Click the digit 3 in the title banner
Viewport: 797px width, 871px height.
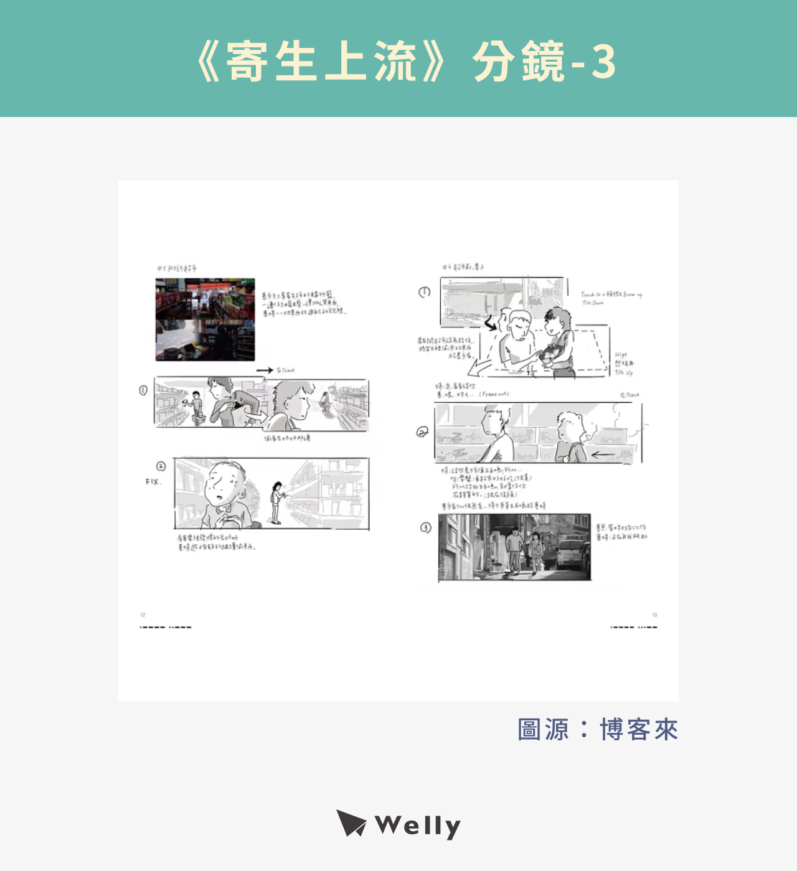tap(603, 62)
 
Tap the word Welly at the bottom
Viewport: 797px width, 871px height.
tap(418, 826)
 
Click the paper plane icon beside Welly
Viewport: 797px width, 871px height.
tap(351, 823)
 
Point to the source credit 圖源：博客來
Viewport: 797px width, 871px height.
tap(597, 730)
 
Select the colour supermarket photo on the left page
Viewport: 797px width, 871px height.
tap(205, 319)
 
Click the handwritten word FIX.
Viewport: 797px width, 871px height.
tap(153, 482)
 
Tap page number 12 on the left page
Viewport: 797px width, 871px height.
tap(143, 615)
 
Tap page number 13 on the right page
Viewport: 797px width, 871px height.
tap(654, 615)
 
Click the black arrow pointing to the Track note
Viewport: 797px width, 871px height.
tap(264, 370)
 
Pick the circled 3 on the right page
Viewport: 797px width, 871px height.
tap(425, 528)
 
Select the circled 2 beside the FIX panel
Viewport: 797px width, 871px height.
tap(161, 466)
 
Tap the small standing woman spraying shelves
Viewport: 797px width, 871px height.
tap(275, 502)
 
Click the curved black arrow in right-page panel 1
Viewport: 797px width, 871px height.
tap(491, 323)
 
